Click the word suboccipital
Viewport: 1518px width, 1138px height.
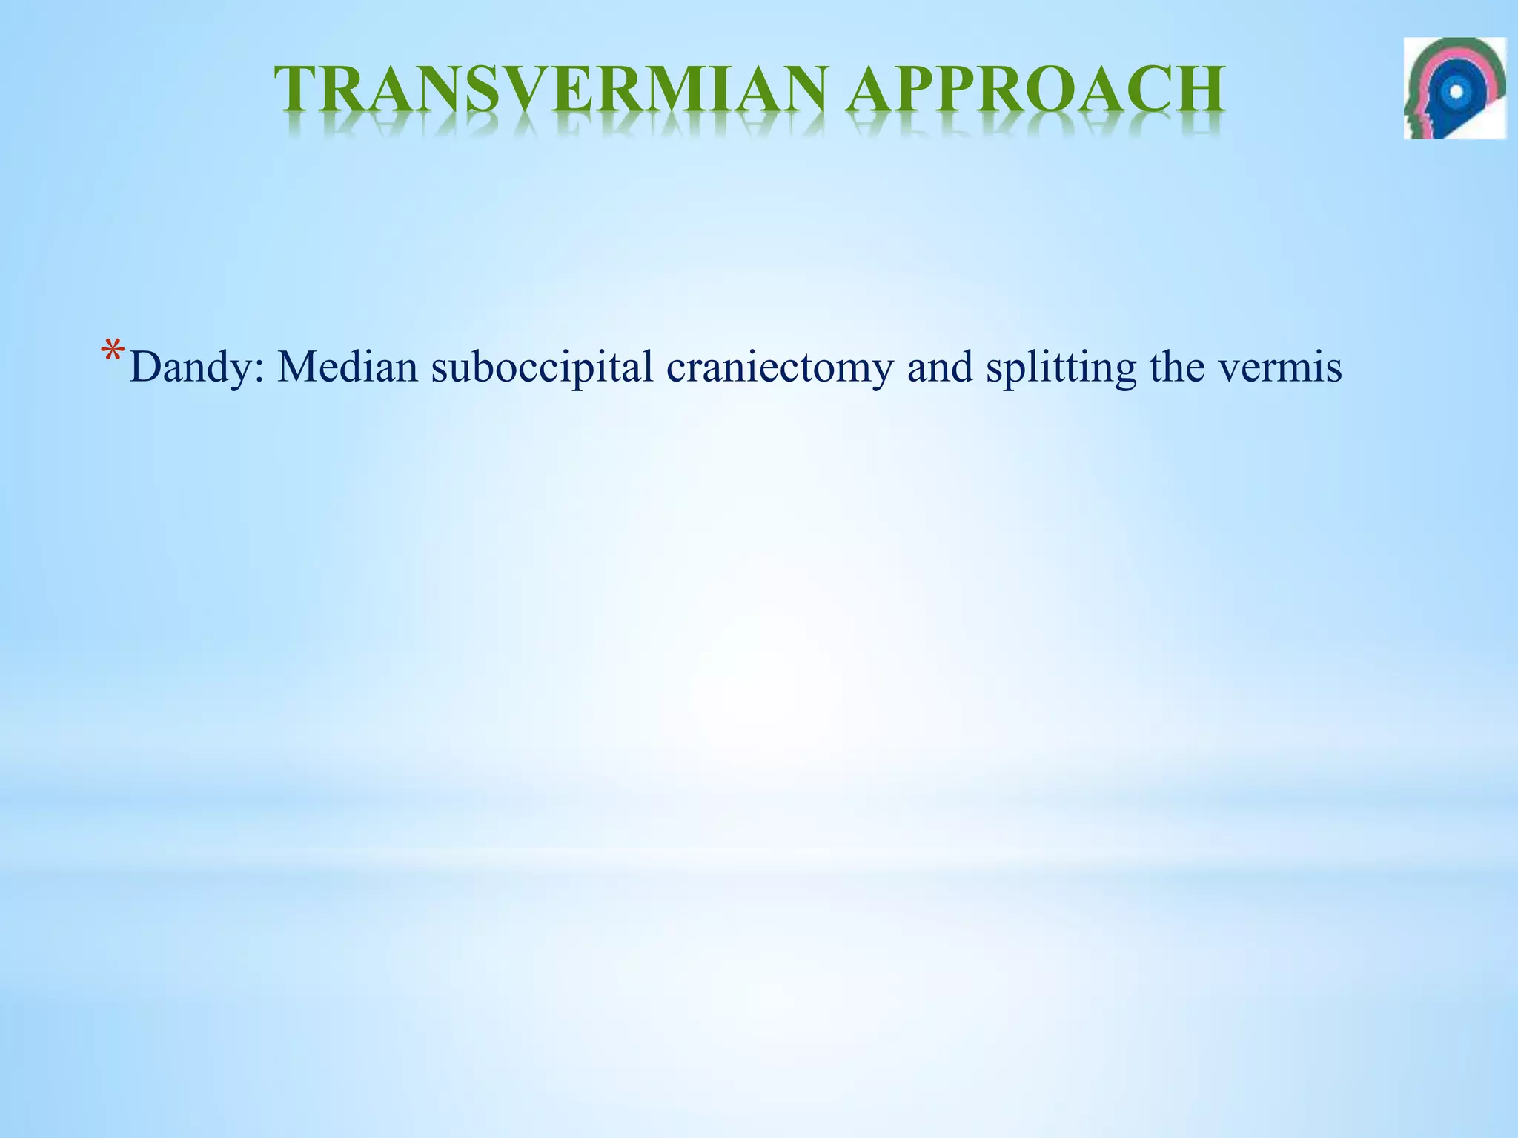point(543,367)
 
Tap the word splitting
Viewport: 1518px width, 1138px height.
point(1061,367)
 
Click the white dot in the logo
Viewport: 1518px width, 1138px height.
point(1456,91)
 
